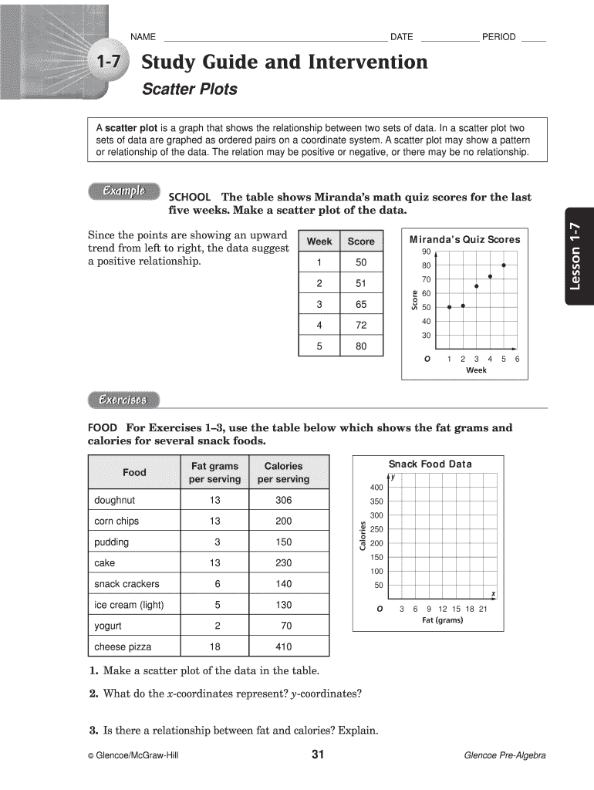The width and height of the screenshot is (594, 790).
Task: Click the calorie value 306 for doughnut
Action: (283, 500)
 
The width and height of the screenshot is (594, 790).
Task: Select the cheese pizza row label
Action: (123, 647)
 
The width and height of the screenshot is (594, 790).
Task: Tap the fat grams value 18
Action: (214, 647)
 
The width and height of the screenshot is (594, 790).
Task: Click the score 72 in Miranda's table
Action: (360, 326)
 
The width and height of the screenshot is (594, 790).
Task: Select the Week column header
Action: (319, 241)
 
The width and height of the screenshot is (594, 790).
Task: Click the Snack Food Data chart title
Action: (430, 464)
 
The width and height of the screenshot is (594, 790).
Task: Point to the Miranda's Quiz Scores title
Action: (464, 239)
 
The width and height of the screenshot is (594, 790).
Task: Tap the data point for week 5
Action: (504, 265)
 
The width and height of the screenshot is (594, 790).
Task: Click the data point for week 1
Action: (449, 307)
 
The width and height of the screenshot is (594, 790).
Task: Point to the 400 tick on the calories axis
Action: (376, 488)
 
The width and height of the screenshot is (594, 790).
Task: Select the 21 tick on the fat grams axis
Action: (483, 609)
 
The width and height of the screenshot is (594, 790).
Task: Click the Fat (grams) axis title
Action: (442, 620)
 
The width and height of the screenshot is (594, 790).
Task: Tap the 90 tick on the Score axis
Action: (426, 252)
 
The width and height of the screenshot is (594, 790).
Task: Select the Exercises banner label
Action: (123, 400)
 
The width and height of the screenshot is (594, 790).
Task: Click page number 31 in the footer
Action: (317, 755)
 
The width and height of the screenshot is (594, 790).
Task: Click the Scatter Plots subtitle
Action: (189, 89)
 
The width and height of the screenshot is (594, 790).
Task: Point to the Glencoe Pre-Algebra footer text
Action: (505, 755)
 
